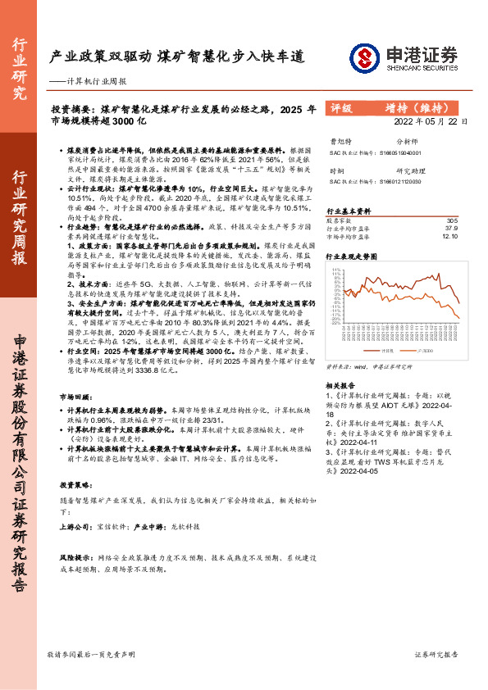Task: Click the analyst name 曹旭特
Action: click(339, 141)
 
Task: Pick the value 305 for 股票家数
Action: click(451, 221)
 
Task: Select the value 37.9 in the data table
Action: click(450, 229)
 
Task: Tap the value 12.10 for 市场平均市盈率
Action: click(449, 236)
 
